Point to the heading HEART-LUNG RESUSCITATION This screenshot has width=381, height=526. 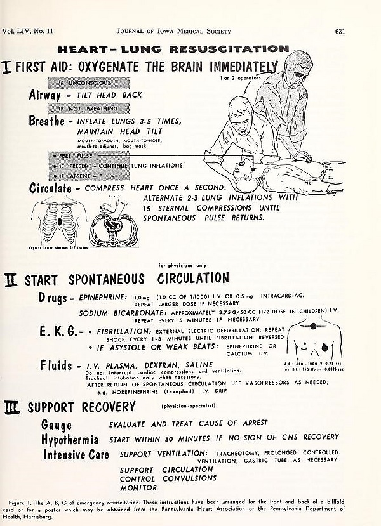click(x=173, y=48)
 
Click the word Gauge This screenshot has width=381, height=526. click(x=57, y=425)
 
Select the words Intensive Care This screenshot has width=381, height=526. click(x=76, y=454)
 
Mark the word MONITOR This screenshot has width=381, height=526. click(x=138, y=489)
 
